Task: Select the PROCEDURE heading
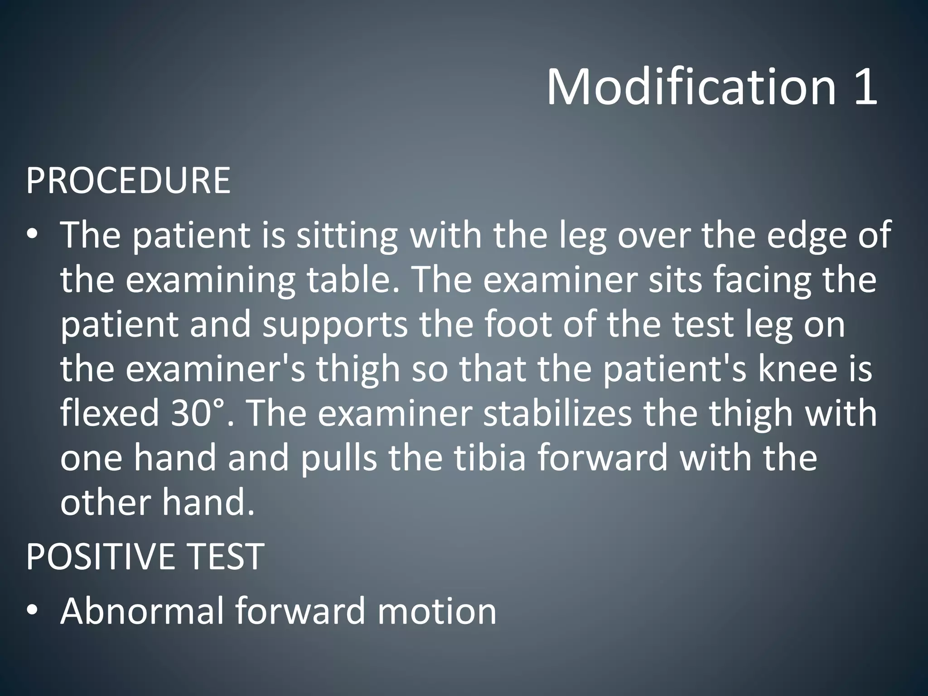(128, 180)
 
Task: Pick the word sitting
(347, 236)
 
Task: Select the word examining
(210, 280)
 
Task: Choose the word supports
(335, 325)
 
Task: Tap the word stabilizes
(557, 413)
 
